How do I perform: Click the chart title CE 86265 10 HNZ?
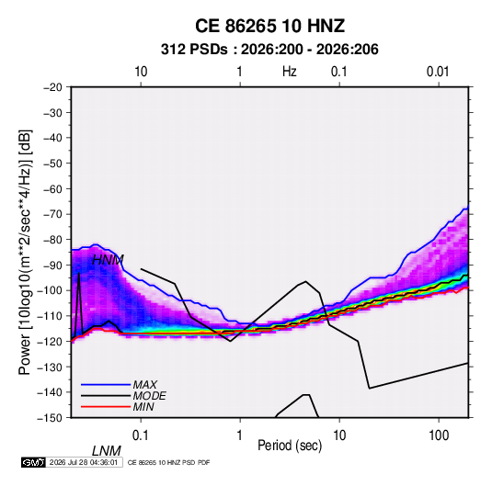(x=269, y=26)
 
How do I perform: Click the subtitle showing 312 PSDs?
(x=269, y=50)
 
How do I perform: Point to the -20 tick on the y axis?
(x=52, y=87)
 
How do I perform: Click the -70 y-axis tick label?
(x=52, y=214)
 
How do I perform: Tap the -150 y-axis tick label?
(x=50, y=418)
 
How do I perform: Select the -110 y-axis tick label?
(x=50, y=316)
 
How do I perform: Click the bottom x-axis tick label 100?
(x=439, y=435)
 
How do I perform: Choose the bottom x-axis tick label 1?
(x=240, y=435)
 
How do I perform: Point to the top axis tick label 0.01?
(x=438, y=72)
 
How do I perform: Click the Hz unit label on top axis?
(x=289, y=72)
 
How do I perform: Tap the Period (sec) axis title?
(x=290, y=446)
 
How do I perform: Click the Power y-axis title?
(x=25, y=252)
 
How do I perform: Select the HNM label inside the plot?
(x=108, y=260)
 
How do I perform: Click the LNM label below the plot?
(x=107, y=451)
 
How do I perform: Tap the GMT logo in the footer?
(x=33, y=462)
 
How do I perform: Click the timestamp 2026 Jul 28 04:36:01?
(x=84, y=462)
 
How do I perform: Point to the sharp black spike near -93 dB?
(x=79, y=274)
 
